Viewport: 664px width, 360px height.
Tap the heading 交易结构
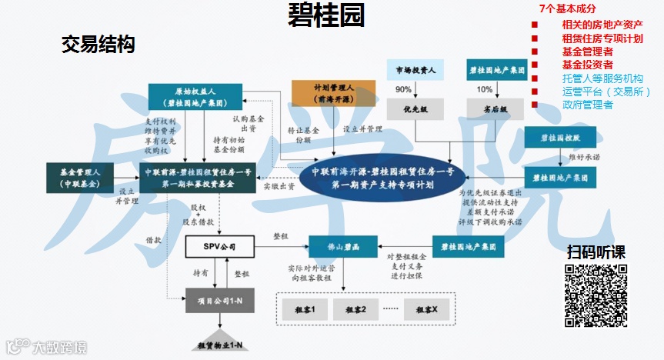[x=98, y=45]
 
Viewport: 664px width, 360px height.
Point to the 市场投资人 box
[x=415, y=72]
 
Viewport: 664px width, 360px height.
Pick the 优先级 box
[x=415, y=108]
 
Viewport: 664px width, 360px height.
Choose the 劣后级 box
[x=495, y=108]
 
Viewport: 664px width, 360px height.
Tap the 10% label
[x=485, y=90]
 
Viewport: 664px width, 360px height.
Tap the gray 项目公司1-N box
[x=220, y=299]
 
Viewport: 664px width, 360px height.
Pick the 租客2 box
[x=355, y=310]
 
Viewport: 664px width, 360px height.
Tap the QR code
[x=596, y=295]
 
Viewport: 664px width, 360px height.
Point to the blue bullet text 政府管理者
[x=587, y=105]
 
